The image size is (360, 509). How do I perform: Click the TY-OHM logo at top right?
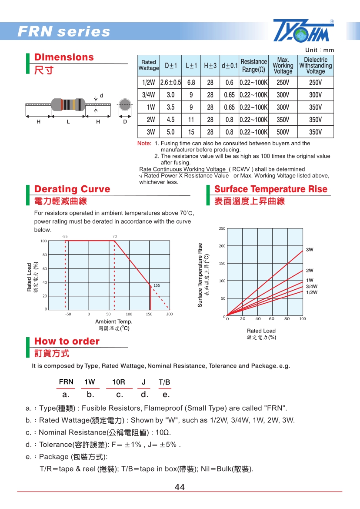[x=303, y=31]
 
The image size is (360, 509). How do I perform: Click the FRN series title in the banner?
[x=63, y=32]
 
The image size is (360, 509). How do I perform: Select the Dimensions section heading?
[x=64, y=57]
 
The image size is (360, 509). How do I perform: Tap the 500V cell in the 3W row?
[x=283, y=132]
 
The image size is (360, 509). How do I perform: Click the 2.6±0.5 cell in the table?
[x=170, y=82]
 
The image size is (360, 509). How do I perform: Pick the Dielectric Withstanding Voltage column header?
[x=315, y=66]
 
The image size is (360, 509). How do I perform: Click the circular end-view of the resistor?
[x=125, y=105]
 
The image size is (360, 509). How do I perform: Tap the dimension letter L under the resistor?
[x=68, y=122]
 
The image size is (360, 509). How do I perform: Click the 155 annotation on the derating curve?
[x=157, y=285]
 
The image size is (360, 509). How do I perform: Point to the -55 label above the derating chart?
[x=65, y=236]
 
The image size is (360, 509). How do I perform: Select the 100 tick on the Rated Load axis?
[x=43, y=241]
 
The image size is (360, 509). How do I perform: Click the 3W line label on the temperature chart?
[x=310, y=250]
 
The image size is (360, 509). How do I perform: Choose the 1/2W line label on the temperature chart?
[x=311, y=292]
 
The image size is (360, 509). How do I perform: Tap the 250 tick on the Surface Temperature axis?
[x=222, y=228]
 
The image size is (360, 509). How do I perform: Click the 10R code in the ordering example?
[x=119, y=382]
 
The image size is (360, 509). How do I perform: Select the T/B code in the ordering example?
[x=164, y=382]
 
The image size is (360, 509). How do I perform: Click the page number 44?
[x=180, y=487]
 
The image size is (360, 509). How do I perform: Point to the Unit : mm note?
[x=320, y=50]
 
